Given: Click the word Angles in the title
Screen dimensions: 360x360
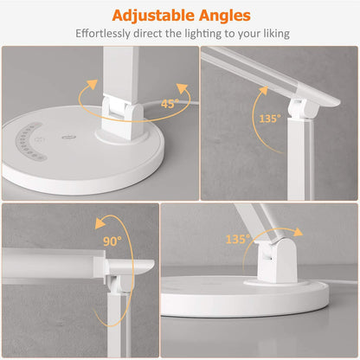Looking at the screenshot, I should (222, 15).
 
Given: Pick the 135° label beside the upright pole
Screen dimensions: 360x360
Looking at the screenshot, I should (268, 118).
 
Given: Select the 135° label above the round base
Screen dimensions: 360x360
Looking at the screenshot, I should (236, 238).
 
